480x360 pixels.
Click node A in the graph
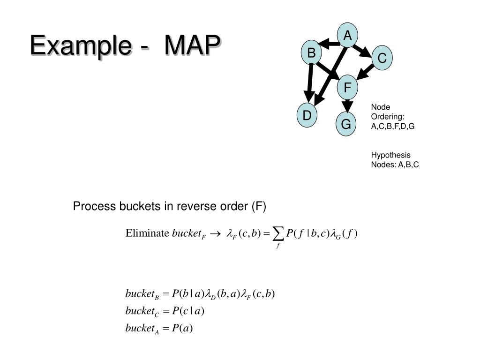click(347, 36)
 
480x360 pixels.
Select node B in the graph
click(311, 53)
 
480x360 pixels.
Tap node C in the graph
click(382, 59)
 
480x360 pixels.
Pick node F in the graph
click(347, 87)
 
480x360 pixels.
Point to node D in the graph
click(307, 115)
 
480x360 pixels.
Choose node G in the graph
click(346, 125)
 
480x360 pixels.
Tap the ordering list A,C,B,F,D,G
click(393, 126)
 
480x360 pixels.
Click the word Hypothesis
click(390, 155)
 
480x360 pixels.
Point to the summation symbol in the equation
click(278, 232)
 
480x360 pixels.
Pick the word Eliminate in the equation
click(147, 233)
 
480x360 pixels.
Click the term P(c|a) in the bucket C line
click(188, 311)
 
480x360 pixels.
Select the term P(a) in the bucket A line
click(182, 328)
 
